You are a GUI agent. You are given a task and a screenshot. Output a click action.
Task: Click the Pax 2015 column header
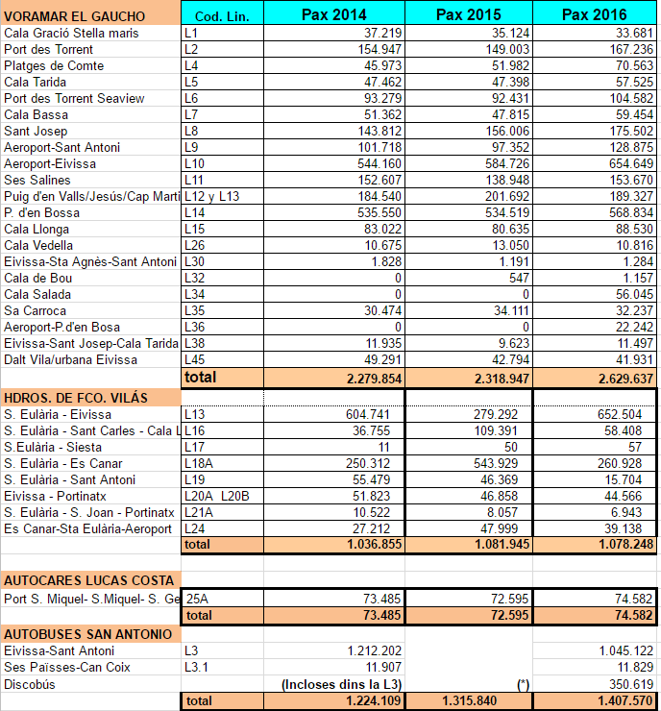point(469,14)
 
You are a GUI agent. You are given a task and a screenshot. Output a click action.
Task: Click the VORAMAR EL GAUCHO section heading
point(75,16)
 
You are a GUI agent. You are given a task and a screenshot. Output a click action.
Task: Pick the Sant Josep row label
point(36,131)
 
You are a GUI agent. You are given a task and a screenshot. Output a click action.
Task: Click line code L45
point(192,359)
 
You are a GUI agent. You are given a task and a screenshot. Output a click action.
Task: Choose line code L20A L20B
point(216,496)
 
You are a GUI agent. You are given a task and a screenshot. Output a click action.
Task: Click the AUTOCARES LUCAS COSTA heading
point(88,579)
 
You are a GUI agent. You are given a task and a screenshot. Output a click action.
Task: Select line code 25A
point(196,598)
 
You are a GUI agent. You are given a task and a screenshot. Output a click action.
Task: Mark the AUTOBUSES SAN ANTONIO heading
point(87,634)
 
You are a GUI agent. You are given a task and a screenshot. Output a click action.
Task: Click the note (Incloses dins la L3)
point(340,684)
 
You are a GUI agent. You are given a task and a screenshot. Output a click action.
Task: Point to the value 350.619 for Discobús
point(630,684)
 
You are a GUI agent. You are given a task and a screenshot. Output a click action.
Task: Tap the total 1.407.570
point(622,701)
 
